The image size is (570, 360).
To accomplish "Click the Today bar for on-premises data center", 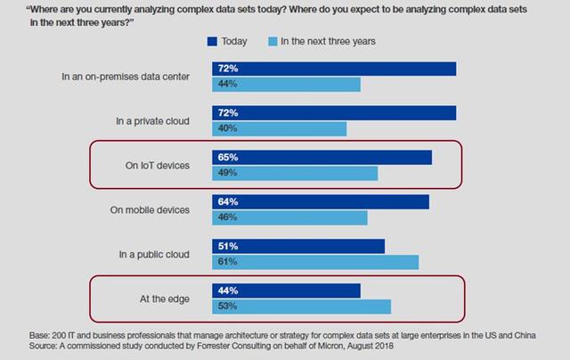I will point(334,69).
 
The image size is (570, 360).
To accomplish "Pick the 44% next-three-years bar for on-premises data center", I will point(286,84).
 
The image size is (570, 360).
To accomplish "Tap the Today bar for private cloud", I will point(334,113).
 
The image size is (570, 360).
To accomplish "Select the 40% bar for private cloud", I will point(279,128).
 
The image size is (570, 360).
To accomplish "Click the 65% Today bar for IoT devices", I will point(322,158).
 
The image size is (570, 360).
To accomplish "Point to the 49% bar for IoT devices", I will point(295,173).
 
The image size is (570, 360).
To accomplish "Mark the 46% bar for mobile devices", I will point(289,217).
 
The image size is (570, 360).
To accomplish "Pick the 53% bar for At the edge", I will point(301,307).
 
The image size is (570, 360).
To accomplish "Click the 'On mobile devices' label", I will point(150,210).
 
